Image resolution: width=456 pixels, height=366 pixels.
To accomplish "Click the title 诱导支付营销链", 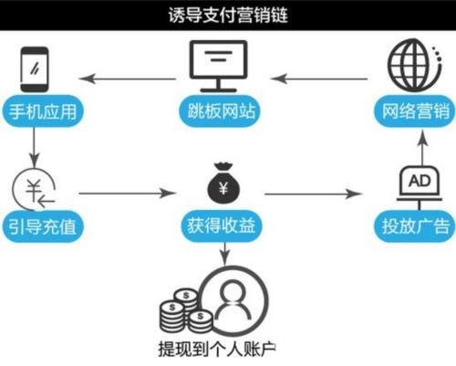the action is [x=228, y=16].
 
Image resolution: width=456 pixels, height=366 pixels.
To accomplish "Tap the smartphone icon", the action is [x=35, y=69].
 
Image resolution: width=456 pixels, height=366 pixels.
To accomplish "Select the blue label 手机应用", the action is [x=43, y=111].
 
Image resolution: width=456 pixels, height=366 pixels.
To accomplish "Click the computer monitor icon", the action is [x=218, y=66].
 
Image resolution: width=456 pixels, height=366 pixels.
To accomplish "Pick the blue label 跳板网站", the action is [x=221, y=110].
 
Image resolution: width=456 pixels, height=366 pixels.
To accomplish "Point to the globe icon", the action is [x=414, y=65].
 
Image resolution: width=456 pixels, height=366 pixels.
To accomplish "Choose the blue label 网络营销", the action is [x=415, y=111].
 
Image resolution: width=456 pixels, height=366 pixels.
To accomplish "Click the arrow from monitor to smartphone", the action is [x=128, y=78].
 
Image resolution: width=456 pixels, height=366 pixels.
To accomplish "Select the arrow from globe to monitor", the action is [x=319, y=78].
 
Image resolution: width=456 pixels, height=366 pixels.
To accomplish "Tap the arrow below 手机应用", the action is [x=34, y=147].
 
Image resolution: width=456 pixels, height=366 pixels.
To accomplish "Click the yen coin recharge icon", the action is [x=34, y=189].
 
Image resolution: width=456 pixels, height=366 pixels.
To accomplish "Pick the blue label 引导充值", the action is [x=43, y=226].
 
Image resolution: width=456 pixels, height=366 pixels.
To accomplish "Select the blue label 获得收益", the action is [x=222, y=225].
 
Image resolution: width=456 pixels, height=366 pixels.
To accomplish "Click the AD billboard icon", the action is [x=420, y=188].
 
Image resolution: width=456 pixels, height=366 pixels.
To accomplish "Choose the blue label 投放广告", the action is [x=415, y=226].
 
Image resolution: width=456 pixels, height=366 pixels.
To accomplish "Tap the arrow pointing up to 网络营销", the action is [x=422, y=148].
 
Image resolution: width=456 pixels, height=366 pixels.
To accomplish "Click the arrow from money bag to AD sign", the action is [x=314, y=193].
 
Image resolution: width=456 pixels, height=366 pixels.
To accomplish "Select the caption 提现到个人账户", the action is [x=217, y=349].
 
